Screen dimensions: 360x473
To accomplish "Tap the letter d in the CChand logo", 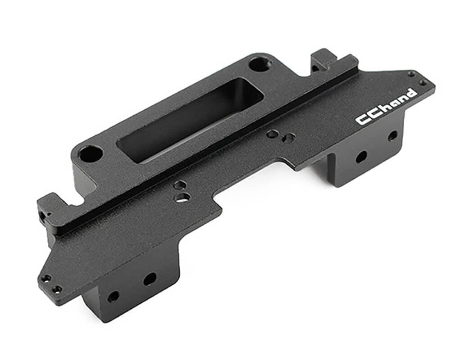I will coord(411,93).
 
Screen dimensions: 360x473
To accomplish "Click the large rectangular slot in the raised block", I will coord(189,119).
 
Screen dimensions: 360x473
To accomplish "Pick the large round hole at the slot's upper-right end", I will coord(259,64).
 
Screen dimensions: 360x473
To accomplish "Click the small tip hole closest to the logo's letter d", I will coord(422,83).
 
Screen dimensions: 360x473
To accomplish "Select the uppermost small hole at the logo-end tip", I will coord(411,74).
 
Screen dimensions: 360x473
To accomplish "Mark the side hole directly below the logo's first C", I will coord(361,157).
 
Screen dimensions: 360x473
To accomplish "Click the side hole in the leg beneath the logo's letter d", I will coord(392,135).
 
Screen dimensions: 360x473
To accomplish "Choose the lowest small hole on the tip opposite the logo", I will coord(57,289).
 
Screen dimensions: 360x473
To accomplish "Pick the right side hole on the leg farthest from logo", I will coord(150,279).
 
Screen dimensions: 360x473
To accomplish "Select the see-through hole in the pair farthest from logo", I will coord(182,197).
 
